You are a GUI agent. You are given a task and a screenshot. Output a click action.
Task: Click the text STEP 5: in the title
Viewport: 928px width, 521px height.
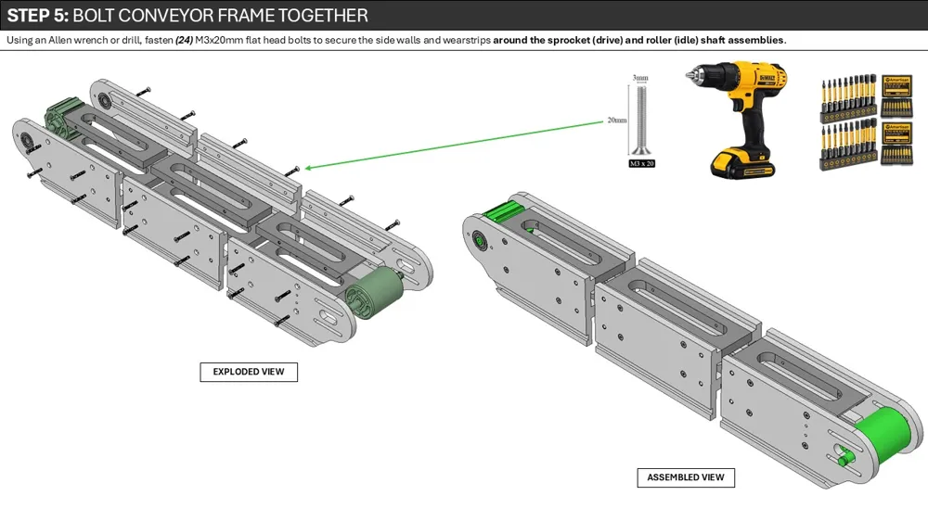(x=38, y=16)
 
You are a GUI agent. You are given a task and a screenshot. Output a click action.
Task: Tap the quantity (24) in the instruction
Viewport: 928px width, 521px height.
(x=184, y=40)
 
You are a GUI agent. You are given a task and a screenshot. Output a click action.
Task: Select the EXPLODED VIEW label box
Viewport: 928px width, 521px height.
(x=249, y=372)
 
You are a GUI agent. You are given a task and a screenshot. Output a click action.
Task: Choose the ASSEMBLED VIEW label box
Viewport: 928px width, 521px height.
(x=686, y=477)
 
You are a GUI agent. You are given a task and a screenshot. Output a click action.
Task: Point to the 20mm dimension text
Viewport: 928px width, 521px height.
(x=616, y=121)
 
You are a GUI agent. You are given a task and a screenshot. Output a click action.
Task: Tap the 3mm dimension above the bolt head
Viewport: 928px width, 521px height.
(x=639, y=78)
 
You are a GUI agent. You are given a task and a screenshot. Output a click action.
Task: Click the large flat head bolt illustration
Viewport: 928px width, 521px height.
(x=639, y=119)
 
